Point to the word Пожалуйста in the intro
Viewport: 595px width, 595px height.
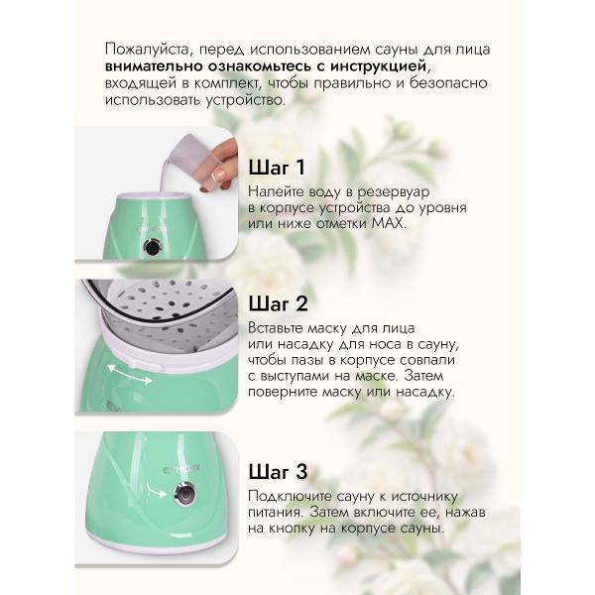click(146, 47)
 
